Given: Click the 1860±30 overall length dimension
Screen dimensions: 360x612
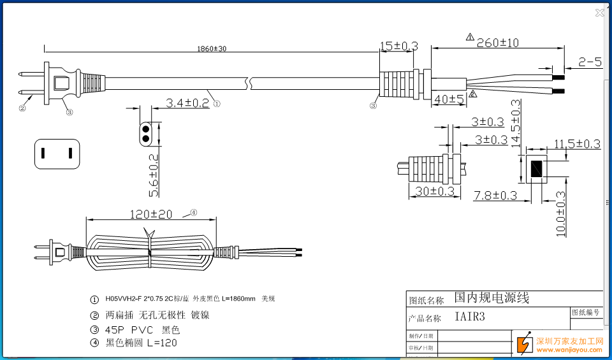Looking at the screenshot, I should click(x=212, y=49).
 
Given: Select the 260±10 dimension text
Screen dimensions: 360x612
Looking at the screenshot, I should click(x=497, y=43).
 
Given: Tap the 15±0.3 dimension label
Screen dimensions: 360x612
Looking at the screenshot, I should click(x=398, y=46).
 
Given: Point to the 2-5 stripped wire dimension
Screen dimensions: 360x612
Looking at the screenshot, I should click(x=590, y=62).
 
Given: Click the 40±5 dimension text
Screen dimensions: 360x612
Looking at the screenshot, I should click(x=449, y=99).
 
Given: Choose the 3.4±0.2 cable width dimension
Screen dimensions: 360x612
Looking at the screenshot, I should click(x=187, y=103).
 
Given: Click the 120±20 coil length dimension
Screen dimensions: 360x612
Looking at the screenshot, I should click(x=151, y=214).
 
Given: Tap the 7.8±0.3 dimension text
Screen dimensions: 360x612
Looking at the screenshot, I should click(x=495, y=196).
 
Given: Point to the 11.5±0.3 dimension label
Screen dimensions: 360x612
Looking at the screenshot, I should click(x=576, y=144).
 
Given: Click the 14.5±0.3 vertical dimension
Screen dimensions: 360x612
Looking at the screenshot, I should click(x=515, y=122).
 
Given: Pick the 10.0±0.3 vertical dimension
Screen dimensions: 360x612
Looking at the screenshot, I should click(x=560, y=214).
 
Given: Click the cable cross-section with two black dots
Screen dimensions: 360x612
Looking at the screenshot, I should click(x=146, y=134).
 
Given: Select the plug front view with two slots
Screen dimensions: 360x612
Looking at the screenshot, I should click(x=57, y=154).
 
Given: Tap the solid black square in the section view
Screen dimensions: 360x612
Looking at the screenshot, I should click(x=537, y=169).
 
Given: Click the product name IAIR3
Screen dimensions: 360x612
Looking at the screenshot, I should click(x=470, y=317).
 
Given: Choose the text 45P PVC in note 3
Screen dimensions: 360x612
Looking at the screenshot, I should click(x=130, y=330).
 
